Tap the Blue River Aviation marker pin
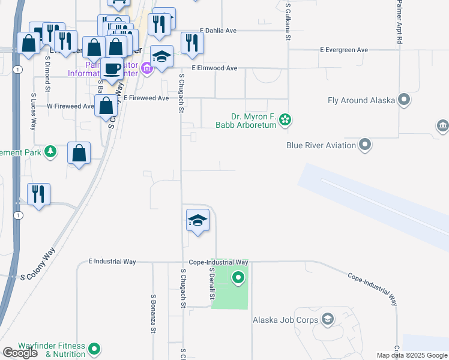click(x=365, y=145)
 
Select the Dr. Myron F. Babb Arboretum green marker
click(x=286, y=120)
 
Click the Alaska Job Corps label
click(x=285, y=320)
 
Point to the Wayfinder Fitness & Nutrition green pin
click(x=95, y=348)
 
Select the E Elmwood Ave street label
click(x=215, y=68)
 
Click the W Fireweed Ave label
click(x=70, y=106)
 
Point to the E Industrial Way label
click(x=112, y=262)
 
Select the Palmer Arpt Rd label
click(x=399, y=22)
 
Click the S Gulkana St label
click(x=288, y=21)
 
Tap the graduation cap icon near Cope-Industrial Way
click(x=197, y=221)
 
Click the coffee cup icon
click(x=112, y=68)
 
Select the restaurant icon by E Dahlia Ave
click(x=192, y=43)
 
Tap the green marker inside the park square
click(x=238, y=278)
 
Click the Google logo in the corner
click(x=20, y=352)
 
